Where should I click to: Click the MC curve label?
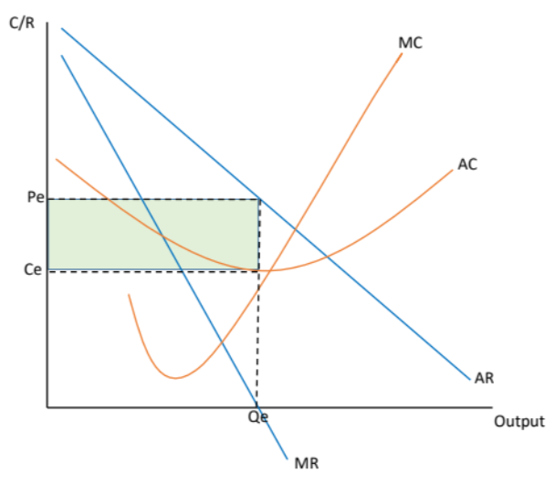pos(410,42)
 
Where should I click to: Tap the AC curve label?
pos(467,165)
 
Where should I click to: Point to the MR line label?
pos(306,462)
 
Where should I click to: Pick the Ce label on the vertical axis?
pos(34,269)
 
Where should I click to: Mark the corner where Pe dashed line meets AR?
pos(259,199)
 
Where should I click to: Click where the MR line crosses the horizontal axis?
pos(257,406)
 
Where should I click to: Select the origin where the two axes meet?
pos(47,406)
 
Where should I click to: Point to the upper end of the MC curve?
pos(402,54)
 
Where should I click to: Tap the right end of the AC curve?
pos(453,171)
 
